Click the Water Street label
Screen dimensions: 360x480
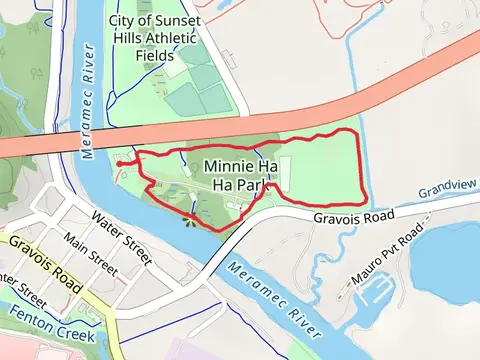coord(119,229)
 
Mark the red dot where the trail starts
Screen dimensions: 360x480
coord(119,164)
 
